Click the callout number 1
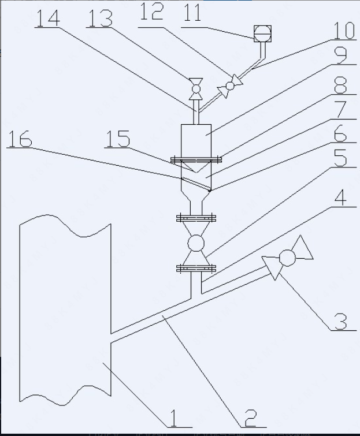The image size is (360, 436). [x=172, y=416]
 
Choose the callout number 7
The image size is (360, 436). [x=341, y=110]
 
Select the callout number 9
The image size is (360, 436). [x=341, y=56]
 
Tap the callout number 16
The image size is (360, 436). [x=22, y=139]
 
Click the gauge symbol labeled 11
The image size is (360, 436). [x=262, y=32]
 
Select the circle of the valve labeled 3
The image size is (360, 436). [x=287, y=258]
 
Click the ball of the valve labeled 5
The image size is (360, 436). [x=196, y=243]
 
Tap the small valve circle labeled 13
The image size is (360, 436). [x=195, y=88]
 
